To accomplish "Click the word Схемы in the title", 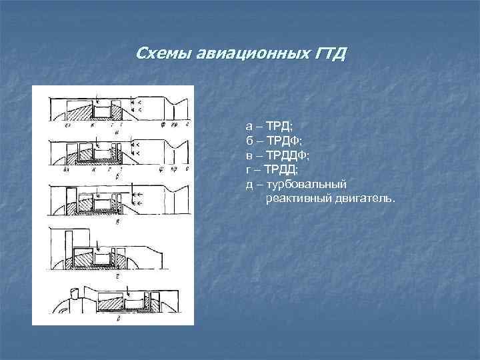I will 163,53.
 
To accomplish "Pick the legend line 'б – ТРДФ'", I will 274,140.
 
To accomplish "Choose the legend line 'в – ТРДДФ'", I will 278,155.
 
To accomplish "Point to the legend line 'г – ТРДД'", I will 274,169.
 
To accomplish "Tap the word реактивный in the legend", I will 297,199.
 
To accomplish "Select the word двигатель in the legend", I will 363,199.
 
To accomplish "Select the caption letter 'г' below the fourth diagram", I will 117,273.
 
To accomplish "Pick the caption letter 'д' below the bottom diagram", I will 117,319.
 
